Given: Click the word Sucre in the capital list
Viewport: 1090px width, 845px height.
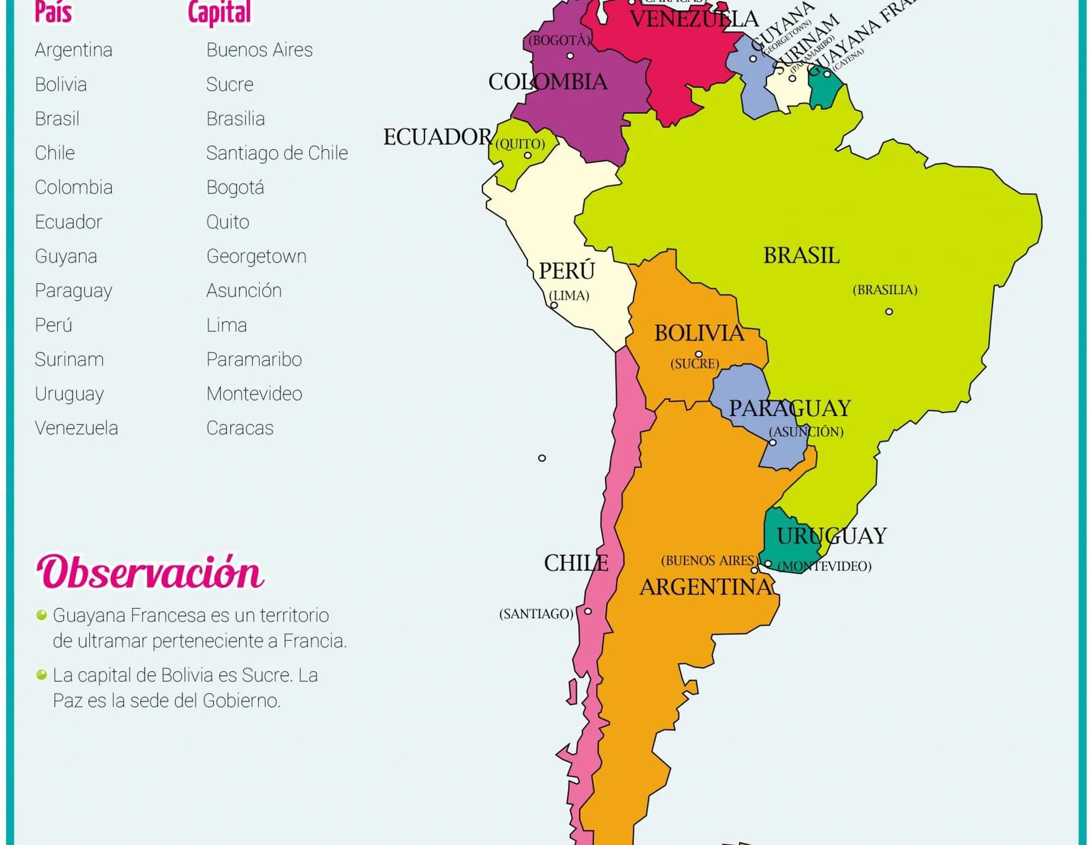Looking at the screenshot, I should point(229,85).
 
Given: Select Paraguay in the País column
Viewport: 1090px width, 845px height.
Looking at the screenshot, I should point(73,291).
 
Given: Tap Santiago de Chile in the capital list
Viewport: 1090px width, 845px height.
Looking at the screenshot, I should point(276,153).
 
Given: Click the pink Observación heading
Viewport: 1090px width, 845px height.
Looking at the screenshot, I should point(150,572).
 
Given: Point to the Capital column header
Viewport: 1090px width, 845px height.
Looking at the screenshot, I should point(219,12).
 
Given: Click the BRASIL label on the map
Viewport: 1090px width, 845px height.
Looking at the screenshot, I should point(800,256).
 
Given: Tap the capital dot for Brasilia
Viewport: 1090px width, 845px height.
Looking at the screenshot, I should point(889,312).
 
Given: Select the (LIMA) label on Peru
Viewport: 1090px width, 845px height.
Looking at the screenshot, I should point(569,296).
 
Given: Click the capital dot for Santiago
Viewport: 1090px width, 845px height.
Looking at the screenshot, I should point(588,611).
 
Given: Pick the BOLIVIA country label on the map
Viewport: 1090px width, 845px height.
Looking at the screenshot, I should point(699,333).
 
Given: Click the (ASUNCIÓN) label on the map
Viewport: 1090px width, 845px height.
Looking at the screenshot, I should point(806,432).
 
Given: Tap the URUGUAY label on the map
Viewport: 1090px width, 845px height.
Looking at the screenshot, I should point(831,536).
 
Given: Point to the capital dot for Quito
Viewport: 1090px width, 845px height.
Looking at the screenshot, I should point(527,155).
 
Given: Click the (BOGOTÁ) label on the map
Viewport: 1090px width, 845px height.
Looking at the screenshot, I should point(559,41).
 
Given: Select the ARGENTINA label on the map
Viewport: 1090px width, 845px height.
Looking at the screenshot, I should point(706,587).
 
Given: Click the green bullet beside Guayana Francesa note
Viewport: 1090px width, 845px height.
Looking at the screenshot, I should point(41,615).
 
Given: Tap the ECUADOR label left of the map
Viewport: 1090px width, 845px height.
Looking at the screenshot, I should point(437,137).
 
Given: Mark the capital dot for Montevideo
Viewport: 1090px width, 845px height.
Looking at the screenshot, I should point(768,564).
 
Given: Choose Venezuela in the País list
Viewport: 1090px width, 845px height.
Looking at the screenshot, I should point(76,428).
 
